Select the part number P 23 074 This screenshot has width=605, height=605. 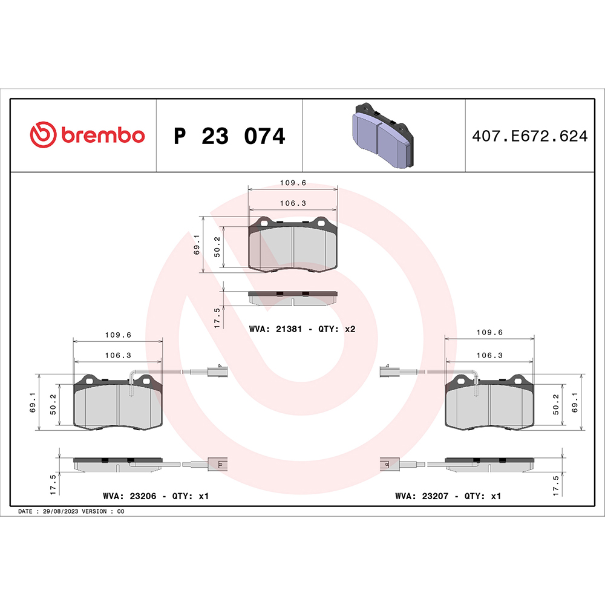[229, 137]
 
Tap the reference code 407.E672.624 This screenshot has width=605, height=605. [529, 137]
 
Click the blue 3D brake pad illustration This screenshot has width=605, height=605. [383, 135]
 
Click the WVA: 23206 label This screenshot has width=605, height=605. [130, 496]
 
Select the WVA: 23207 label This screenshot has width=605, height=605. [422, 496]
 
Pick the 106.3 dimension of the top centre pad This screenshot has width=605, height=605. [293, 203]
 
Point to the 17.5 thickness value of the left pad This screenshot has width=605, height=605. [53, 485]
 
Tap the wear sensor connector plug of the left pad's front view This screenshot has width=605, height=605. [217, 372]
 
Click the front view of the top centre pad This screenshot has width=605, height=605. [293, 245]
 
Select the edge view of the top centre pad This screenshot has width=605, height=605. [293, 297]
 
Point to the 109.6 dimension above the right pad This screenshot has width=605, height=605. [490, 332]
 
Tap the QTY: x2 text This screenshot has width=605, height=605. [340, 330]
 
